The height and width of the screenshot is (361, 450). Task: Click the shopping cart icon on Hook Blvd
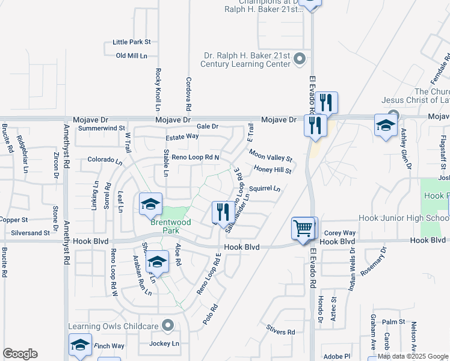coord(304,227)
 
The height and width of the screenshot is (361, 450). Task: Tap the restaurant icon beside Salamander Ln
coord(223,211)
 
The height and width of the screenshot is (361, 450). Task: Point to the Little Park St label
coord(131,43)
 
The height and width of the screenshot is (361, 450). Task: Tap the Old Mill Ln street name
coord(131,56)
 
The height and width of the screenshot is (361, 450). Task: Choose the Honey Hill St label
coord(273,170)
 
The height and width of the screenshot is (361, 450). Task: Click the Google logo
coord(20,353)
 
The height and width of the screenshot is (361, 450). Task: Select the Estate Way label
coord(182,137)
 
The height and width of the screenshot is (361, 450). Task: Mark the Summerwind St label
coord(101,128)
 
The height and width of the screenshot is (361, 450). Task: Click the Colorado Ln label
coord(105,160)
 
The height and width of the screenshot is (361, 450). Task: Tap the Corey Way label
coord(340,233)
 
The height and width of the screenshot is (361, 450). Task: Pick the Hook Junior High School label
coord(404,217)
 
